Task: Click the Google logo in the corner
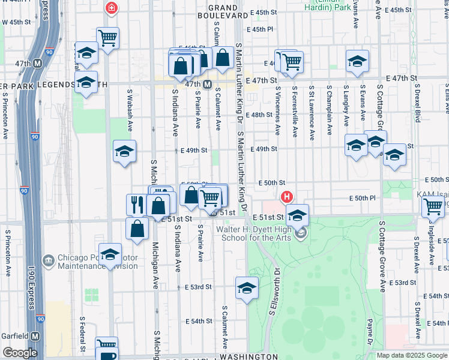(x=19, y=353)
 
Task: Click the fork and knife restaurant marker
(x=136, y=205)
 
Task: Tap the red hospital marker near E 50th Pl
(x=287, y=196)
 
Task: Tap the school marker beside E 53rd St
(x=247, y=288)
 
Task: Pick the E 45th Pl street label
(x=262, y=29)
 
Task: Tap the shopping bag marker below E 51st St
(x=137, y=229)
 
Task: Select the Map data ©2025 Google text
(x=411, y=355)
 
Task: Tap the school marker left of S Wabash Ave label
(x=124, y=152)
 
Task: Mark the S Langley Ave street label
(x=346, y=106)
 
